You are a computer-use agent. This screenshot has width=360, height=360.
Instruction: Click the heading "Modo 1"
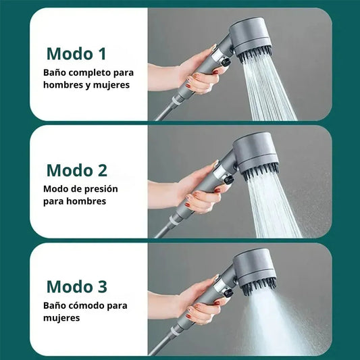(76, 54)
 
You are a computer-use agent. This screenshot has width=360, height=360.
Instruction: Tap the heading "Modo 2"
(77, 170)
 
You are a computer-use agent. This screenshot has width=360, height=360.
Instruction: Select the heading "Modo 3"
(77, 286)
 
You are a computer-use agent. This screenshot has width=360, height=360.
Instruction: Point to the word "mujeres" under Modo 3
(61, 318)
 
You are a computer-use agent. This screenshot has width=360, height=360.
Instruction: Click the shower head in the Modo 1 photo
(251, 40)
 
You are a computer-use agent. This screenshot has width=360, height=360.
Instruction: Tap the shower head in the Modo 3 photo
(255, 272)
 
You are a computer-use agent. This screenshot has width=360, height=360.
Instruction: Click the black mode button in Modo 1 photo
(225, 61)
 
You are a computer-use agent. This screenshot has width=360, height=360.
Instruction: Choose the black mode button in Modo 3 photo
(228, 292)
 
